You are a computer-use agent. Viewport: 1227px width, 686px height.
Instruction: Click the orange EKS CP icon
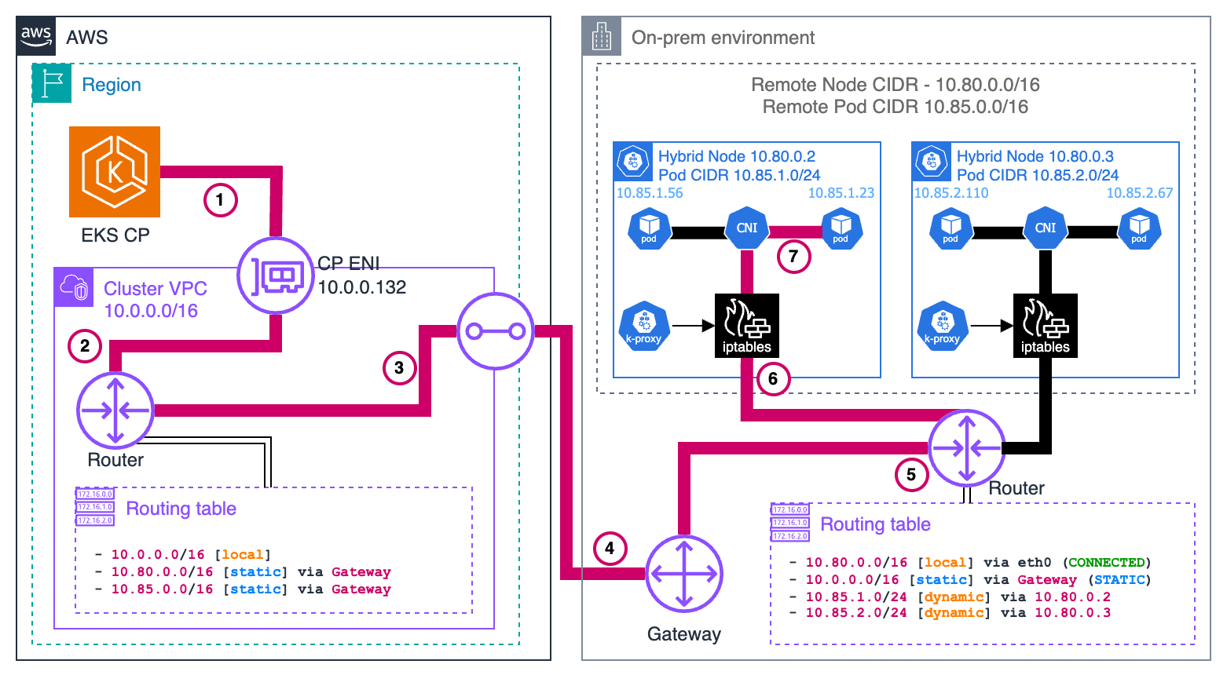(x=115, y=172)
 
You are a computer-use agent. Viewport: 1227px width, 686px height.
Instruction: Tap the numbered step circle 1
(x=220, y=199)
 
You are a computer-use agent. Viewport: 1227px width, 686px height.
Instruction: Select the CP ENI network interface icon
(x=276, y=276)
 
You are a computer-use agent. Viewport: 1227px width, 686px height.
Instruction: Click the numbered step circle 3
(x=399, y=367)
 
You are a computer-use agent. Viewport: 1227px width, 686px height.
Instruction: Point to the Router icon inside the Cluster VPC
(x=115, y=410)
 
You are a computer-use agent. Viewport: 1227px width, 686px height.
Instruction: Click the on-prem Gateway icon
(x=684, y=574)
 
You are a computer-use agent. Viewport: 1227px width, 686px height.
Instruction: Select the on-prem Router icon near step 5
(x=966, y=448)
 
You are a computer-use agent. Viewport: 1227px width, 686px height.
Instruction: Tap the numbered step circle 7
(x=793, y=257)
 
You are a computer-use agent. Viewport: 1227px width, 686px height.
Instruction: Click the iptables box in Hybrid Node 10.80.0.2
(x=746, y=326)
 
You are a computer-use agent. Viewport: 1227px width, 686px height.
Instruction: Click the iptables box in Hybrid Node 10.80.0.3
(x=1045, y=326)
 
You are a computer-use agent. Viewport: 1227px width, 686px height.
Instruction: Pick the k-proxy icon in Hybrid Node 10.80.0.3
(x=943, y=326)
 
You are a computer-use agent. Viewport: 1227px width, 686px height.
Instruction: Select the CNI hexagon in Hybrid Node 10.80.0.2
(x=746, y=228)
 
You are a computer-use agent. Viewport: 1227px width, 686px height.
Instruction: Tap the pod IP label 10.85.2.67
(x=1139, y=193)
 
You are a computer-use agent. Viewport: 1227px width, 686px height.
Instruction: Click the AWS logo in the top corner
(x=36, y=36)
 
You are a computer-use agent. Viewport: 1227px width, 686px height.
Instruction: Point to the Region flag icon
(x=52, y=84)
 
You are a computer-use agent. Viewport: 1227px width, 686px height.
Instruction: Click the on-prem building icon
(x=602, y=36)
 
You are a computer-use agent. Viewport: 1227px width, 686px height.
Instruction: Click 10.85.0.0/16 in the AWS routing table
(x=162, y=589)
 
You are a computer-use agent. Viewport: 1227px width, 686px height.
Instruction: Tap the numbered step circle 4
(x=610, y=548)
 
